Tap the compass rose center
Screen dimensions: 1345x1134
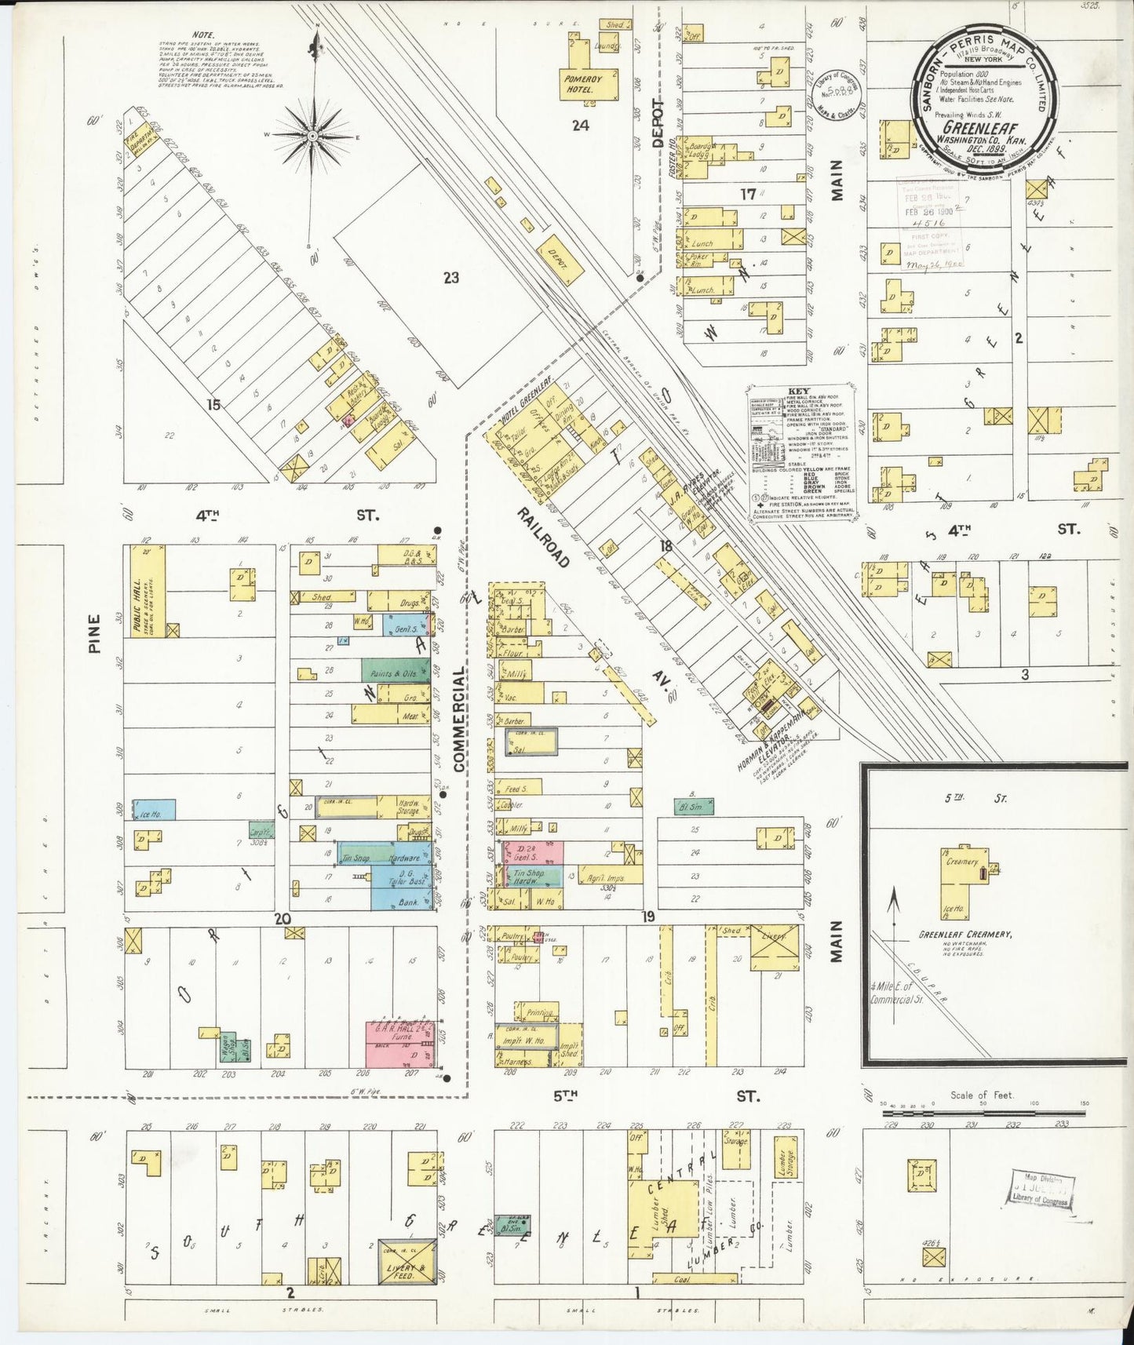click(312, 135)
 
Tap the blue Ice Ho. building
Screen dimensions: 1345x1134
click(154, 810)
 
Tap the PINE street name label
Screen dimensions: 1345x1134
click(95, 634)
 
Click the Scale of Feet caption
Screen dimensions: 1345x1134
click(982, 1095)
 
